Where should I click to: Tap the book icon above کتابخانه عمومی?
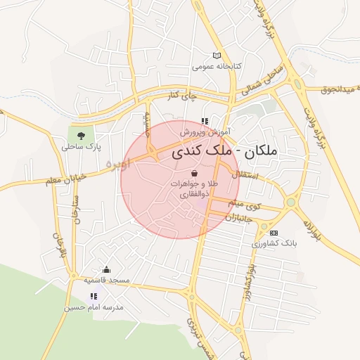[x=217, y=56]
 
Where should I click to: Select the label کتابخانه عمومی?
[x=217, y=67]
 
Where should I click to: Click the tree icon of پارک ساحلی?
[x=80, y=136]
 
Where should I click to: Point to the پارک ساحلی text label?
[x=82, y=148]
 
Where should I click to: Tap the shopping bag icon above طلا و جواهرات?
[x=194, y=172]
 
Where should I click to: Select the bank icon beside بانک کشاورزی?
[x=274, y=233]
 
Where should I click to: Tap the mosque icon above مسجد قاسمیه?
[x=106, y=269]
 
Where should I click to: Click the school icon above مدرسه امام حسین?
[x=94, y=296]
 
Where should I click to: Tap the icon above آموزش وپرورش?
[x=205, y=121]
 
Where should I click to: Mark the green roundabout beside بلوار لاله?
[x=290, y=202]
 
